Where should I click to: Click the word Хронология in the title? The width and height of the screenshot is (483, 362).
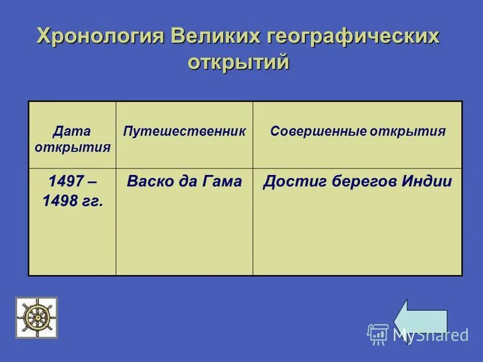click(x=100, y=36)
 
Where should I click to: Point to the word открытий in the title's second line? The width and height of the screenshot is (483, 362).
click(x=238, y=62)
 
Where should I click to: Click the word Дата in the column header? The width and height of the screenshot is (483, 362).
click(x=71, y=131)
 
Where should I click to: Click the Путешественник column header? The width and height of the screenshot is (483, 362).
click(x=184, y=132)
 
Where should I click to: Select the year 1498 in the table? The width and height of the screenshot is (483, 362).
click(x=57, y=202)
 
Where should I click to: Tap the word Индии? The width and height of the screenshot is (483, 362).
click(x=426, y=182)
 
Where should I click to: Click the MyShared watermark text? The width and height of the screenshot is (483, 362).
click(x=430, y=335)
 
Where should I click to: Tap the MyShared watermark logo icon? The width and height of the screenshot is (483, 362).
click(x=377, y=334)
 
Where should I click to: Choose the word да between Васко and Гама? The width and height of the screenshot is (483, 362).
click(x=187, y=182)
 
